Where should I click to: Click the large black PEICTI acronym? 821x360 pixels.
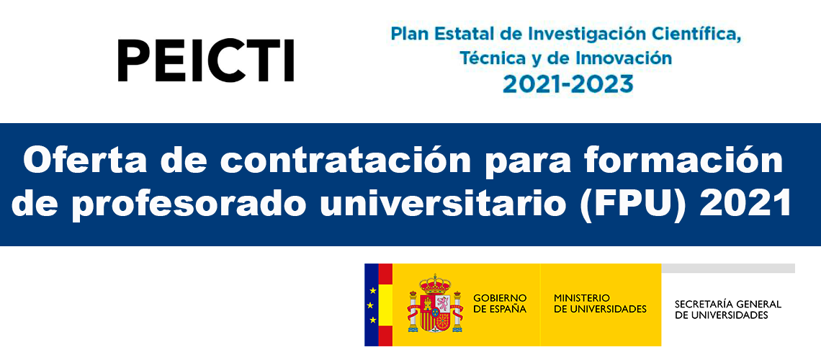pyautogui.click(x=206, y=60)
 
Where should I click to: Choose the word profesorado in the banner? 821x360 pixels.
pyautogui.click(x=189, y=205)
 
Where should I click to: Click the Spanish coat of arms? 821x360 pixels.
pyautogui.click(x=435, y=304)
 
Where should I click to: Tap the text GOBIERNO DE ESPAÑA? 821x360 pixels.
pyautogui.click(x=500, y=304)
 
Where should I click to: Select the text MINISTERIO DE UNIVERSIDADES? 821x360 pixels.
pyautogui.click(x=600, y=304)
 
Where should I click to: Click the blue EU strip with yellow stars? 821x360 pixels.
pyautogui.click(x=371, y=305)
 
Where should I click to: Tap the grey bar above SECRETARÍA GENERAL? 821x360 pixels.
pyautogui.click(x=728, y=268)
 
